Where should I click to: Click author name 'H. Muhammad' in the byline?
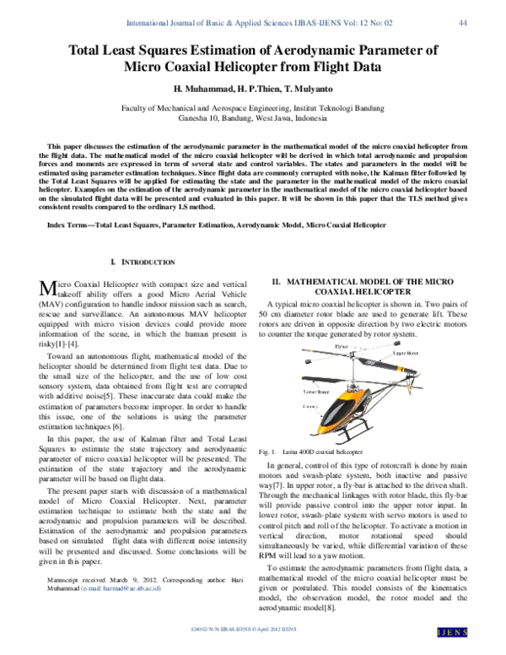point(201,89)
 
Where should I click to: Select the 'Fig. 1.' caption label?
point(269,453)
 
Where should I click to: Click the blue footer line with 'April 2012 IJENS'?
point(253,629)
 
